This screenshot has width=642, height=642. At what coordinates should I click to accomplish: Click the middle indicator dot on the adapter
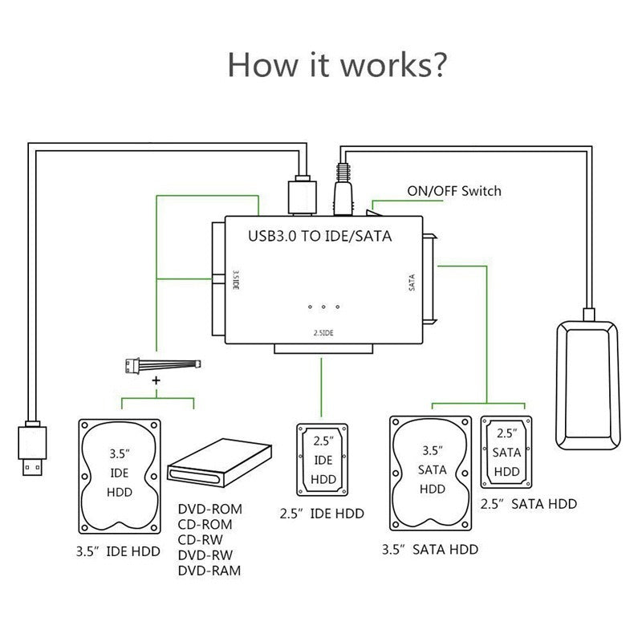point(323,307)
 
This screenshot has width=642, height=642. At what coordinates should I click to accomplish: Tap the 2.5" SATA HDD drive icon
point(506,452)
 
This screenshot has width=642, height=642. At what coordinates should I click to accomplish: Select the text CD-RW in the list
point(201,540)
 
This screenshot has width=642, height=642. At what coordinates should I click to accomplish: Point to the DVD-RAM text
point(208,571)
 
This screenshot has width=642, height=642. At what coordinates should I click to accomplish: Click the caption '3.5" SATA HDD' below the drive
point(431,550)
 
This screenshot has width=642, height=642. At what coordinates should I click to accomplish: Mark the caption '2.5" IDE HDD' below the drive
point(323,513)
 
